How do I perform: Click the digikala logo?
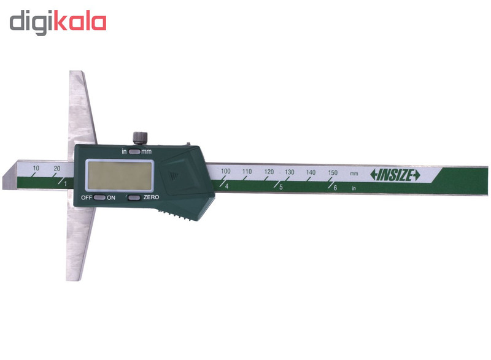(x=58, y=22)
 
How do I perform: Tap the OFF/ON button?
(x=100, y=197)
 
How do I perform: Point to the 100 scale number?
(x=226, y=170)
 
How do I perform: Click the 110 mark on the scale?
(x=247, y=171)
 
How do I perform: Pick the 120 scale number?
(x=269, y=172)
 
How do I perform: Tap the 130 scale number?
(x=290, y=172)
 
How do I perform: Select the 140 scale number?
(x=311, y=172)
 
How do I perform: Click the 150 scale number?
(x=333, y=173)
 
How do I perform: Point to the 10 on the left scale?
(x=36, y=168)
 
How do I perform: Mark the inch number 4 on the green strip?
(x=227, y=186)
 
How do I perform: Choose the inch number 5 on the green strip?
(x=281, y=187)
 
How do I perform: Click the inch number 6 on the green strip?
(x=336, y=188)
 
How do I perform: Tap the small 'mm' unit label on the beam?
(x=354, y=174)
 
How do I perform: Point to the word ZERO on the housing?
(x=151, y=197)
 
